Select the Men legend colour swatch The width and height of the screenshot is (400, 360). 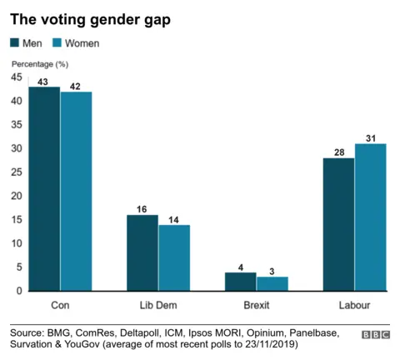[x=16, y=42]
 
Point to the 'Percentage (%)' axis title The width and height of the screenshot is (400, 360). [x=40, y=63]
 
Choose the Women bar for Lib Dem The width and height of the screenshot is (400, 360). [x=173, y=257]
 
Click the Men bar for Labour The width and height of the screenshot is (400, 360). [x=338, y=224]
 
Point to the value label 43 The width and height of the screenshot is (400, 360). [x=44, y=80]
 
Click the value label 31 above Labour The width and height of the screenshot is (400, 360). [x=370, y=137]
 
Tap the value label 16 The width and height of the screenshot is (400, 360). [x=142, y=208]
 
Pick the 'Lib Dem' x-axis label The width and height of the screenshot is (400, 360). [x=157, y=304]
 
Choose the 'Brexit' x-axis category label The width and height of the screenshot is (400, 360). [x=256, y=304]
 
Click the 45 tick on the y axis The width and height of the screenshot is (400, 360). [x=17, y=77]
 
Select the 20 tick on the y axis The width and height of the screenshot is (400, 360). [x=17, y=196]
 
